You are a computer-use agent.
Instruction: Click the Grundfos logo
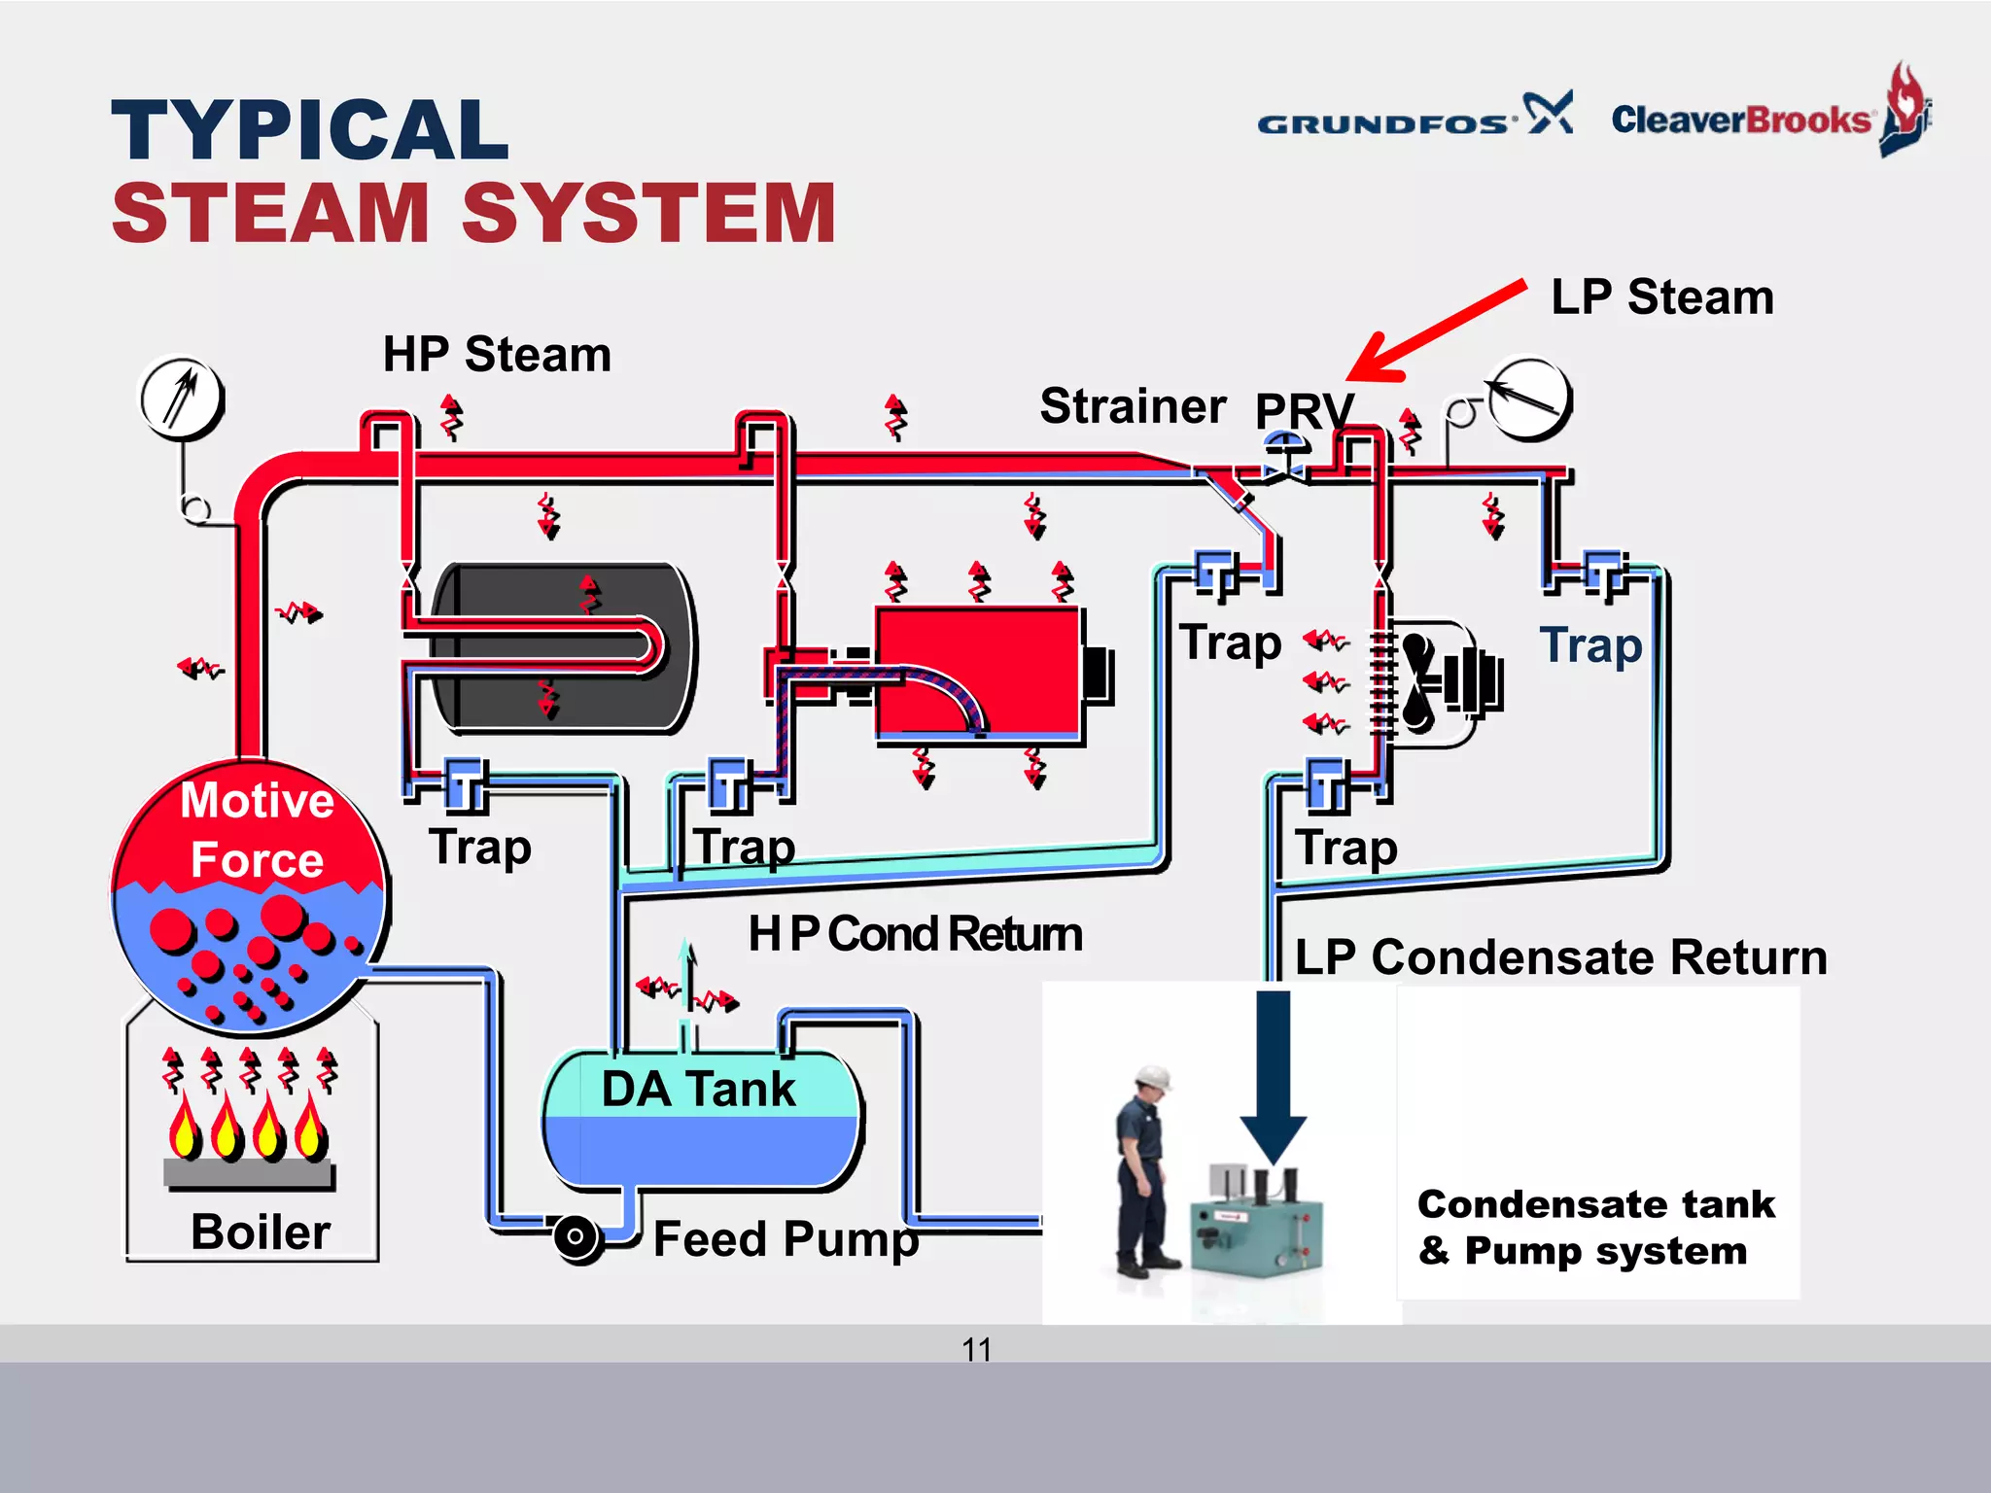pos(1414,119)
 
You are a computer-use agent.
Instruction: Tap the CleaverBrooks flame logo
pos(1904,109)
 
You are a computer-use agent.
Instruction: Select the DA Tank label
pos(698,1089)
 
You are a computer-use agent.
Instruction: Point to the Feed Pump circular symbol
pos(576,1236)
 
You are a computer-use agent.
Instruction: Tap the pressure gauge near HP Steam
pos(181,398)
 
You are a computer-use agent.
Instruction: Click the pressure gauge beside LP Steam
pos(1528,399)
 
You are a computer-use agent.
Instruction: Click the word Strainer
pos(1133,405)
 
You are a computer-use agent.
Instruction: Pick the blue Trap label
pos(1590,645)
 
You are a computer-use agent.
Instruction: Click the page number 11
pos(976,1349)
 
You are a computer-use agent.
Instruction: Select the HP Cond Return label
pos(914,934)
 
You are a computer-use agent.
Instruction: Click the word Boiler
pos(260,1232)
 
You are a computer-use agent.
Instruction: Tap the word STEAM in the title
pos(271,213)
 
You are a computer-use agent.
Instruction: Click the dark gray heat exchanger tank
pos(564,646)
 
